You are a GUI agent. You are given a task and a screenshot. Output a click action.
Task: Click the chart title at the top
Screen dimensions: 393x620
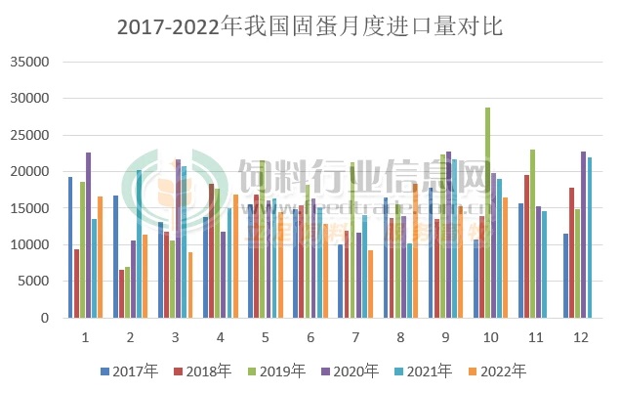tap(310, 26)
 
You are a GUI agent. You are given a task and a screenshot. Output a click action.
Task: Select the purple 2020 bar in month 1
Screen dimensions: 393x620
tap(88, 235)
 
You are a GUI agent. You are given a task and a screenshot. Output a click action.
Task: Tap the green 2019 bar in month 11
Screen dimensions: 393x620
tap(532, 234)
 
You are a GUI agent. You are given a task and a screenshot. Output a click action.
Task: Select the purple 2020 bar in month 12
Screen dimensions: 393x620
tap(584, 235)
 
